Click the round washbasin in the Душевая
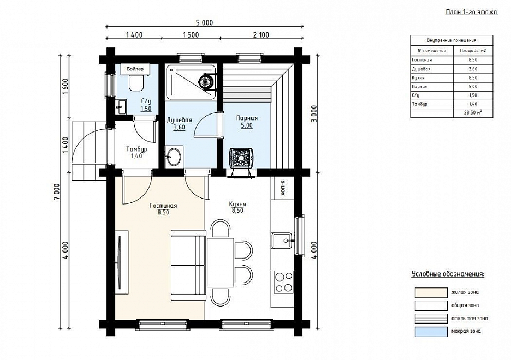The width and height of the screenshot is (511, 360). [174, 157]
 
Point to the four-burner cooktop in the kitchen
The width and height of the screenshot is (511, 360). [283, 282]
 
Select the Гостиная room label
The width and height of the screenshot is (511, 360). [163, 206]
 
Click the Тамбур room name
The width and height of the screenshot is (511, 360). [137, 149]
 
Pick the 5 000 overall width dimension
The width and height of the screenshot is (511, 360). [204, 22]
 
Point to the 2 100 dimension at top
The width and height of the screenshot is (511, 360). [261, 34]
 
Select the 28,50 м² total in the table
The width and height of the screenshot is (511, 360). [473, 113]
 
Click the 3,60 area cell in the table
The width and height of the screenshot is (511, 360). [473, 69]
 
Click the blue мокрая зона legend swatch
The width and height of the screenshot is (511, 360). [431, 332]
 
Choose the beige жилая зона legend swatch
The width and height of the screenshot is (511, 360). [431, 292]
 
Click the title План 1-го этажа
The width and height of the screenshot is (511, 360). [472, 12]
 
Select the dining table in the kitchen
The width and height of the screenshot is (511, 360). [221, 262]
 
